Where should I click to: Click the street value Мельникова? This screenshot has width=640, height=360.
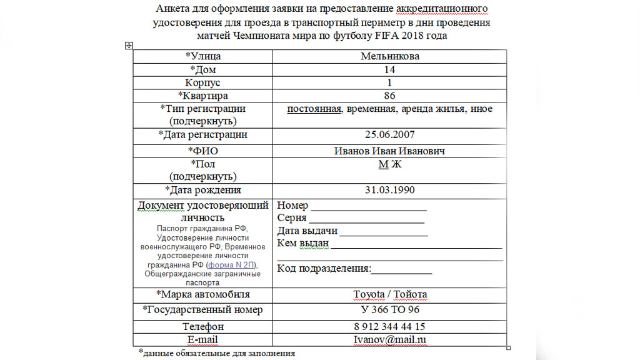(389, 56)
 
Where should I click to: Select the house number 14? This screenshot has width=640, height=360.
(389, 69)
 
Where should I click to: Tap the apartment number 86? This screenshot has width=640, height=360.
(389, 96)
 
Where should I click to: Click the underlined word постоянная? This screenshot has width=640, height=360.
(314, 109)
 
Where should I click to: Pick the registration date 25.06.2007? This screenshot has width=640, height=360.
(389, 134)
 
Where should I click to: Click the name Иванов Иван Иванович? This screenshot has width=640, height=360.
(389, 151)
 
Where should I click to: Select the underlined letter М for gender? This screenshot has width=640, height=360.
(383, 164)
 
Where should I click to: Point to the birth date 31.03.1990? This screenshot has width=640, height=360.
(389, 190)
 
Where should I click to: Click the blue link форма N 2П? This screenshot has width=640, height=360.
(236, 265)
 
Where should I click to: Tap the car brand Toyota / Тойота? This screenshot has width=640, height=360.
(390, 294)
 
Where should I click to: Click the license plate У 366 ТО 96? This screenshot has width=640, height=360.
(390, 310)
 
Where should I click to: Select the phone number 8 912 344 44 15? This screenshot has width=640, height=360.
(390, 326)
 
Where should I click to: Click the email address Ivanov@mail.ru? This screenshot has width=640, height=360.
(390, 340)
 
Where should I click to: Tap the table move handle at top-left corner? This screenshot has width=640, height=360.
(129, 45)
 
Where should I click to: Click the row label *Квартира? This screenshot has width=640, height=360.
(203, 96)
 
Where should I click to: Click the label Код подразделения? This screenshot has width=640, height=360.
(323, 269)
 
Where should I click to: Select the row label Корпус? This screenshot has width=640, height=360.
(203, 82)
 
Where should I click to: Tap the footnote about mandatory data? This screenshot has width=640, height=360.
(217, 353)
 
